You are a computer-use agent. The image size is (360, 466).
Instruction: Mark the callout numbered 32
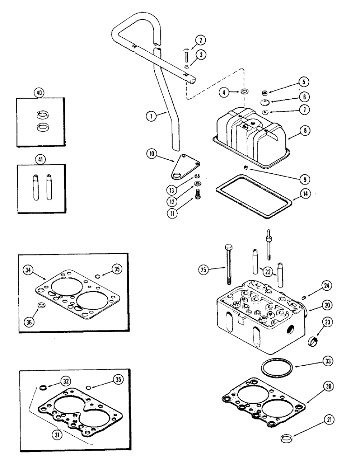click(67, 382)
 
